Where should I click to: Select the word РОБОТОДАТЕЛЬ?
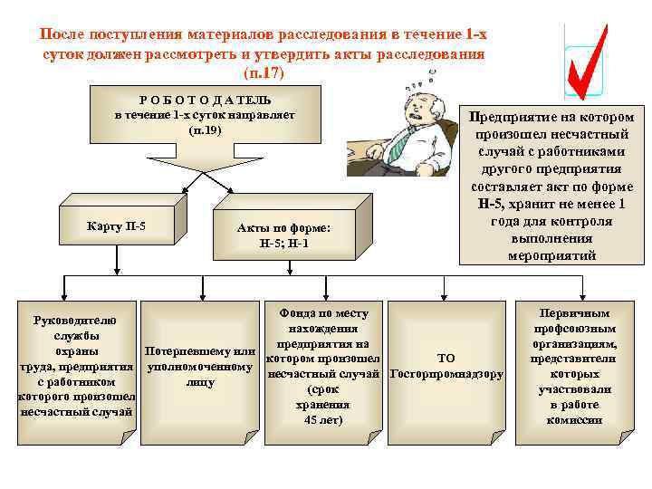(205, 100)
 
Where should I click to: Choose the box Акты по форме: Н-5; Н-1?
(284, 236)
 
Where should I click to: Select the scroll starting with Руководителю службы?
(76, 366)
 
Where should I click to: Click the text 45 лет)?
(323, 420)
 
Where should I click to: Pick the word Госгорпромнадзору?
(446, 374)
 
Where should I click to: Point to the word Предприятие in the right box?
(513, 117)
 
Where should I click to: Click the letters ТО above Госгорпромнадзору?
(446, 358)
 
